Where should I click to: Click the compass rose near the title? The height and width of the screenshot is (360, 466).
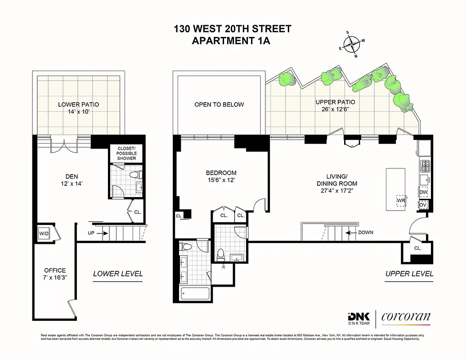351,45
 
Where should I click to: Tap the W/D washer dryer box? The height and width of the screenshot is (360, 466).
44,234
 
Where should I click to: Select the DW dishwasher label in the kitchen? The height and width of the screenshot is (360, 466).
423,192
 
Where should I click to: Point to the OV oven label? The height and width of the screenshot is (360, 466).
423,204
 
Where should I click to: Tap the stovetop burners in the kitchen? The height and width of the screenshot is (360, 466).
425,166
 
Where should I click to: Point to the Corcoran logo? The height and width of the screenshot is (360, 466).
406,317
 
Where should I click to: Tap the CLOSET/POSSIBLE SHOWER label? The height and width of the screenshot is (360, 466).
126,153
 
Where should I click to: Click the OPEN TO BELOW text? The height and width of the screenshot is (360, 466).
219,104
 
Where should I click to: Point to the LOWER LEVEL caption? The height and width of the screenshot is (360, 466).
118,274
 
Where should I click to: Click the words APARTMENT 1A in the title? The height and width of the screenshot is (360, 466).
233,41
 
